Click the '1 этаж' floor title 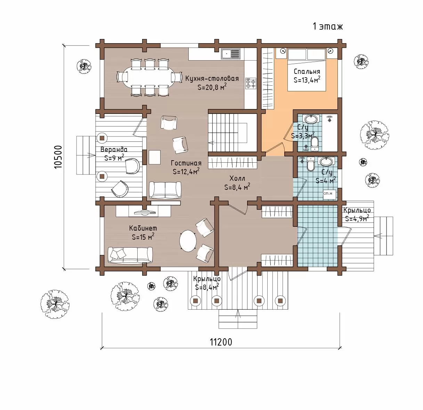327,26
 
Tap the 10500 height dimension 58,157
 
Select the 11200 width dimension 221,342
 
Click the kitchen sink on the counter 231,54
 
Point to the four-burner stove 251,84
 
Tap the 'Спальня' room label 307,71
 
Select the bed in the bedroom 307,70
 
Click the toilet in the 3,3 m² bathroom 315,144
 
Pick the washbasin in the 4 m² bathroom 325,162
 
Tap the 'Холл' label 237,178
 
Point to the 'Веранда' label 114,149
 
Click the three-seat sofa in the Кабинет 130,255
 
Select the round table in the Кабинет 188,241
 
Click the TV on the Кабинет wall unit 145,212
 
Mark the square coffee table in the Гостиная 155,157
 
